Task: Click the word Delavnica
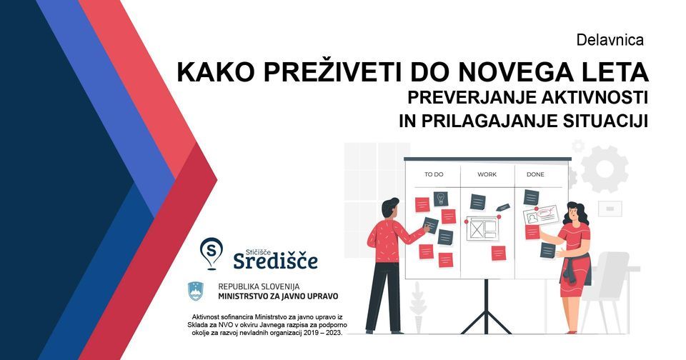click(x=610, y=40)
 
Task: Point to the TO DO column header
click(x=434, y=174)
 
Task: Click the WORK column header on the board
click(x=487, y=174)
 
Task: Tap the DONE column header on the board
click(x=535, y=174)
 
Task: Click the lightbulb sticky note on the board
click(x=441, y=199)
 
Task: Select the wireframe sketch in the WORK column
click(x=482, y=227)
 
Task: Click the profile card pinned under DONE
click(x=541, y=215)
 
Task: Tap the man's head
click(x=389, y=208)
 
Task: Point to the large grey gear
click(x=605, y=169)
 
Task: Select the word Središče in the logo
click(x=276, y=261)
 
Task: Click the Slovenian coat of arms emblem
click(x=196, y=291)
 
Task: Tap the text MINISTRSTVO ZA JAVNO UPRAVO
click(x=278, y=296)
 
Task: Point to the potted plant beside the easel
click(x=418, y=307)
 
